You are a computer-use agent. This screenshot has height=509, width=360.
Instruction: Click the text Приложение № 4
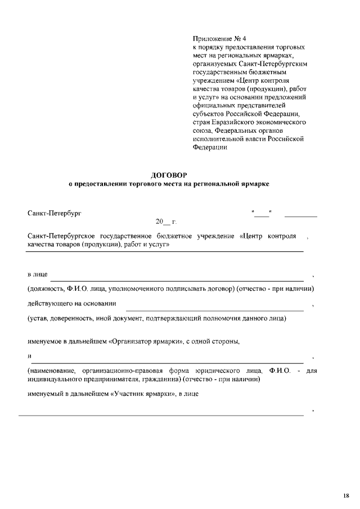pyautogui.click(x=216, y=38)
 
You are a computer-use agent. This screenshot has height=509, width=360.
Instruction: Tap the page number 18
pyautogui.click(x=345, y=496)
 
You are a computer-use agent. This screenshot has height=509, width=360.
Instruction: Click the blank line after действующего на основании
pyautogui.click(x=214, y=309)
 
